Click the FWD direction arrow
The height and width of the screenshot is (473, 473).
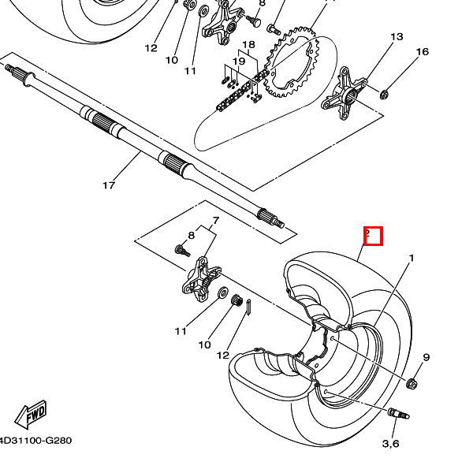click(x=31, y=414)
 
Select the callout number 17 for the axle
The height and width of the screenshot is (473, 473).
click(x=109, y=185)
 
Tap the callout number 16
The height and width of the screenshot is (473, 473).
click(x=423, y=52)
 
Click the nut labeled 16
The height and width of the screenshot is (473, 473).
click(x=384, y=95)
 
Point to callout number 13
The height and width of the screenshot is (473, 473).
click(x=397, y=37)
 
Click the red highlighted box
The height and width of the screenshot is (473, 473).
click(x=373, y=236)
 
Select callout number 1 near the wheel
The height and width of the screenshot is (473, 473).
click(x=412, y=258)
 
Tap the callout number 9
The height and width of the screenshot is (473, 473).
click(x=426, y=357)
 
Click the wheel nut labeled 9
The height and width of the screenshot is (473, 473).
click(x=412, y=384)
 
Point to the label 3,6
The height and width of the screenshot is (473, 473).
click(x=391, y=444)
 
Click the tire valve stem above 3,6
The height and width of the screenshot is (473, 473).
click(x=398, y=413)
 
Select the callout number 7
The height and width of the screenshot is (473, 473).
click(x=216, y=221)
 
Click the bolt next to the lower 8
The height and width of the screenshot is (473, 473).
click(x=182, y=250)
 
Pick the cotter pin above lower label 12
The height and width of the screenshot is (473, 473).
click(x=248, y=307)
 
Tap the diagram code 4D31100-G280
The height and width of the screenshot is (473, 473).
click(x=35, y=441)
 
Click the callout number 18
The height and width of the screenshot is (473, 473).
click(x=248, y=45)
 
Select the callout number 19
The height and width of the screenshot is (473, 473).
click(x=239, y=61)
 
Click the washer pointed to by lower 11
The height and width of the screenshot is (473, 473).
click(x=223, y=292)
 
